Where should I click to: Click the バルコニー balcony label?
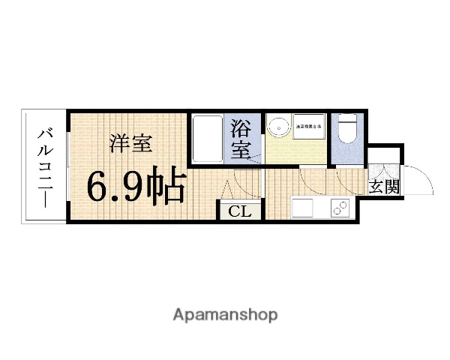45,166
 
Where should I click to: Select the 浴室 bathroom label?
241,138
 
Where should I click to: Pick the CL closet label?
240,211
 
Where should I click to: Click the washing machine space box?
309,125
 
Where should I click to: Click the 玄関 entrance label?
382,187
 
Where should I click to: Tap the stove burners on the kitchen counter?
340,208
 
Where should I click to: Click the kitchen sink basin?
301,208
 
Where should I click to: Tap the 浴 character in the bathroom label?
241,125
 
